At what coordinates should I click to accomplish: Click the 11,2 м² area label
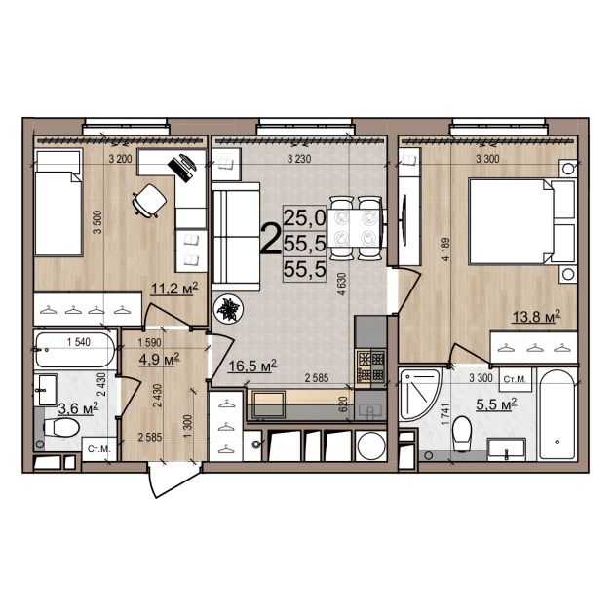[x=174, y=289]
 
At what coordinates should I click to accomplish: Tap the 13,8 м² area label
[x=536, y=316]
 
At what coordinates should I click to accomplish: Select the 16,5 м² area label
[x=252, y=366]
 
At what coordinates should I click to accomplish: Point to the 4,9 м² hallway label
[x=160, y=359]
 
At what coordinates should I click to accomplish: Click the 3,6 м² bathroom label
[x=78, y=408]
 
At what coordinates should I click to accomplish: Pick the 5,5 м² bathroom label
[x=496, y=404]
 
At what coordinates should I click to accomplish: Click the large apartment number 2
[x=271, y=239]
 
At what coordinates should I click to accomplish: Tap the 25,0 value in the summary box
[x=304, y=217]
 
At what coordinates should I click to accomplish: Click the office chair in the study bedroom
[x=149, y=201]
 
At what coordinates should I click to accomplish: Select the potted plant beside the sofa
[x=228, y=308]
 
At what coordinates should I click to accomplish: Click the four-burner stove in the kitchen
[x=370, y=367]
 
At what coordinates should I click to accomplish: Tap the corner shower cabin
[x=419, y=395]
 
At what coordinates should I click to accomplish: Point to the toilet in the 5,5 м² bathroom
[x=462, y=434]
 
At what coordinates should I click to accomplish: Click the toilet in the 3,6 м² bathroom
[x=61, y=427]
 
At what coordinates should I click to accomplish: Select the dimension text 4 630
[x=342, y=284]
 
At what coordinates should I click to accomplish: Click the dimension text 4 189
[x=445, y=250]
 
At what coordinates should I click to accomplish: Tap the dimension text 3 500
[x=97, y=222]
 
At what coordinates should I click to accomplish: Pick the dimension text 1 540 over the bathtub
[x=79, y=342]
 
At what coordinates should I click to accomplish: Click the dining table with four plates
[x=355, y=229]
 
